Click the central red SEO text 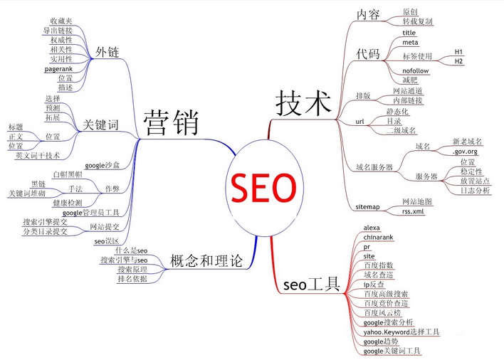coord(262,188)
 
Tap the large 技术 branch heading coord(304,102)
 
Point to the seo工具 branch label coord(312,285)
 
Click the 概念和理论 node coord(205,261)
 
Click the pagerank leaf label coord(58,69)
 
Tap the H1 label coord(459,52)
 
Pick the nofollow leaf coord(416,71)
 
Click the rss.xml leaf coord(414,211)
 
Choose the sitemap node coord(368,206)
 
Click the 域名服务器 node coord(374,166)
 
